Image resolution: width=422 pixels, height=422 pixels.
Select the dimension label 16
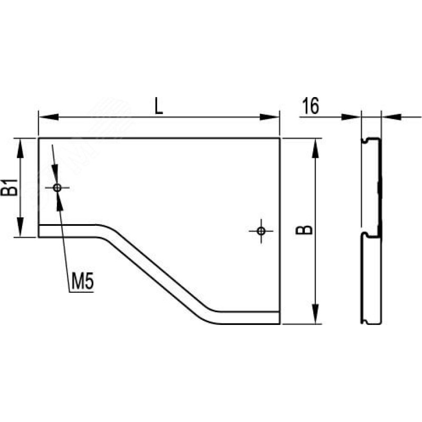coord(311,106)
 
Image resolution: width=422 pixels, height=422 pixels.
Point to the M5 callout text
coord(83,282)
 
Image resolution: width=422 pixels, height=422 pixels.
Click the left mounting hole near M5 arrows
coord(57,188)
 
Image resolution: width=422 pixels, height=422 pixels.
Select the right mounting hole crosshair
coord(261,231)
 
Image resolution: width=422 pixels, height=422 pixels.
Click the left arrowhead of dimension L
coord(49,117)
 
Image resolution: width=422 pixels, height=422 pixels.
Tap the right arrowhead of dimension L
coord(270,117)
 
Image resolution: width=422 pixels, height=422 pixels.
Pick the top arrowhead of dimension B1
coord(21,148)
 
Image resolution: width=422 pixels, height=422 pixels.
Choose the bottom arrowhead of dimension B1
coord(21,227)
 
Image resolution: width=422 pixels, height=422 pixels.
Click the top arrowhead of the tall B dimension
coord(315,148)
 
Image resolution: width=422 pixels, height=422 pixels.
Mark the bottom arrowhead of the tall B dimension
coord(315,314)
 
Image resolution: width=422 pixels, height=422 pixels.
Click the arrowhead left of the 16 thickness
coord(351,117)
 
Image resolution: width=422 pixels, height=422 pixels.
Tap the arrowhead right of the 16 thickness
coord(391,117)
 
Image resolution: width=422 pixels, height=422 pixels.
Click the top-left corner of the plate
coord(39,138)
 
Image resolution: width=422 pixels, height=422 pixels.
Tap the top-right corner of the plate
coord(280,138)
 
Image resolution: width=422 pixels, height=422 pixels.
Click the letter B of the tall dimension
coord(304,230)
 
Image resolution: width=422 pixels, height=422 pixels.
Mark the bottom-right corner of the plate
coord(280,324)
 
